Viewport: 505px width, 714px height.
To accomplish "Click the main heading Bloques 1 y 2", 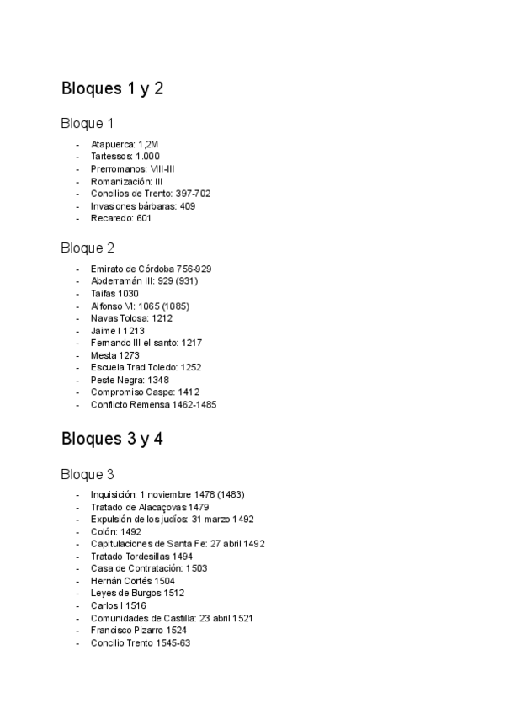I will (112, 88).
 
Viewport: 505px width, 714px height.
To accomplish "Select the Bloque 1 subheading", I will (87, 124).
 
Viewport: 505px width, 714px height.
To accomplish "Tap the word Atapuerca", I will (112, 144).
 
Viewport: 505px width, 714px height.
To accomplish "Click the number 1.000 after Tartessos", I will (148, 157).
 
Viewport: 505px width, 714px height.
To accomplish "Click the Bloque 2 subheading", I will (87, 248).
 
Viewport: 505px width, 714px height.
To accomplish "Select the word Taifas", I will (104, 294).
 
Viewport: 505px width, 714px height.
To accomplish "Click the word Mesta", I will (103, 355).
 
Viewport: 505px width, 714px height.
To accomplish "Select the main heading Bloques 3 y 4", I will (112, 439).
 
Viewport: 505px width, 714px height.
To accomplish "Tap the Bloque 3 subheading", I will (87, 474).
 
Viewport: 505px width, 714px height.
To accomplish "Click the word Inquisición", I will (113, 494).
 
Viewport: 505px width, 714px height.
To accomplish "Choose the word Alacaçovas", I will (160, 507).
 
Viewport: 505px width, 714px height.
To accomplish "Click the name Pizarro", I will (147, 630).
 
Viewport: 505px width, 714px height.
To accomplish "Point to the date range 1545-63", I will (174, 642).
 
